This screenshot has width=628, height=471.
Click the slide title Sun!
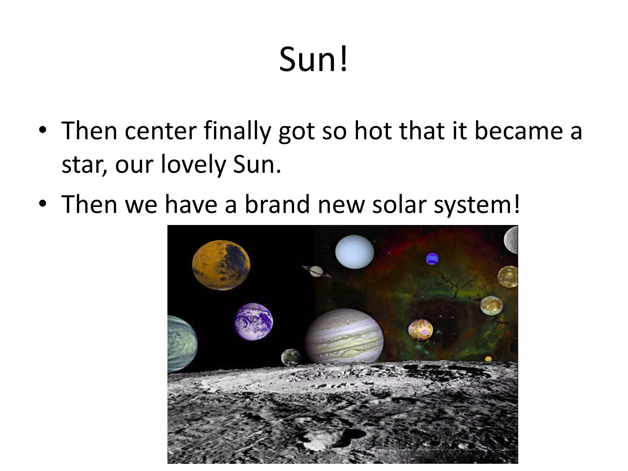313,59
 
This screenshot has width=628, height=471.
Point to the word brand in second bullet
277,205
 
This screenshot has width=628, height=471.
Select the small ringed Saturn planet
316,271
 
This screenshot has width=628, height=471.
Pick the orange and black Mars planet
221,265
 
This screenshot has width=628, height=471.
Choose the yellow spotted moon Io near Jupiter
420,330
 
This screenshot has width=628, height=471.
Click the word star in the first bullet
81,165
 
